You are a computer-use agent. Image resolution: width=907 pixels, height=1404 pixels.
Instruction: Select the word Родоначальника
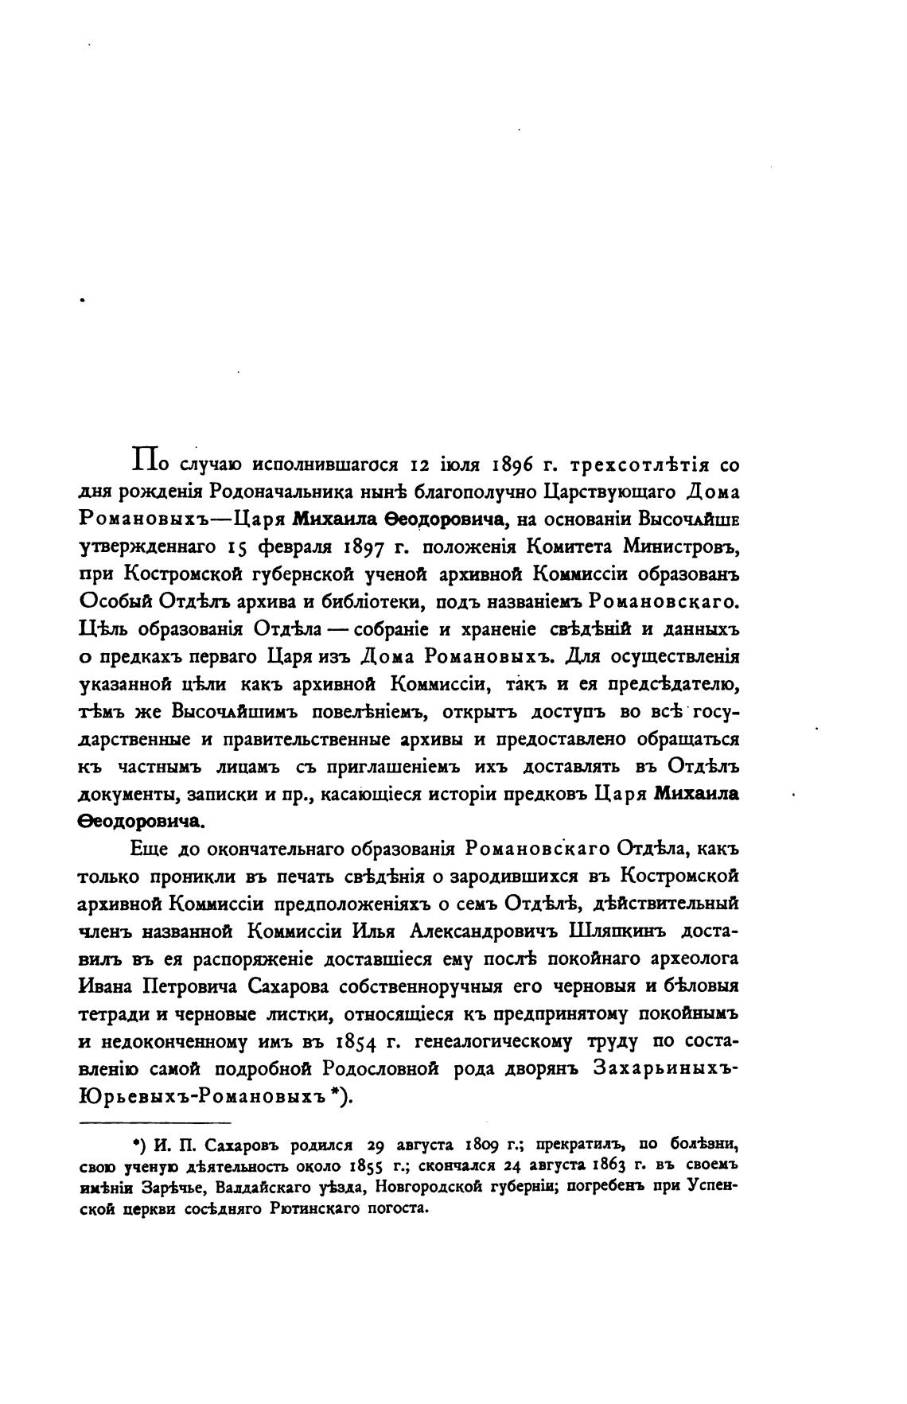pyautogui.click(x=268, y=492)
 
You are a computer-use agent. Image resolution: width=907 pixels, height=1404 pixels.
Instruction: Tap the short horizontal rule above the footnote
pyautogui.click(x=155, y=1122)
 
